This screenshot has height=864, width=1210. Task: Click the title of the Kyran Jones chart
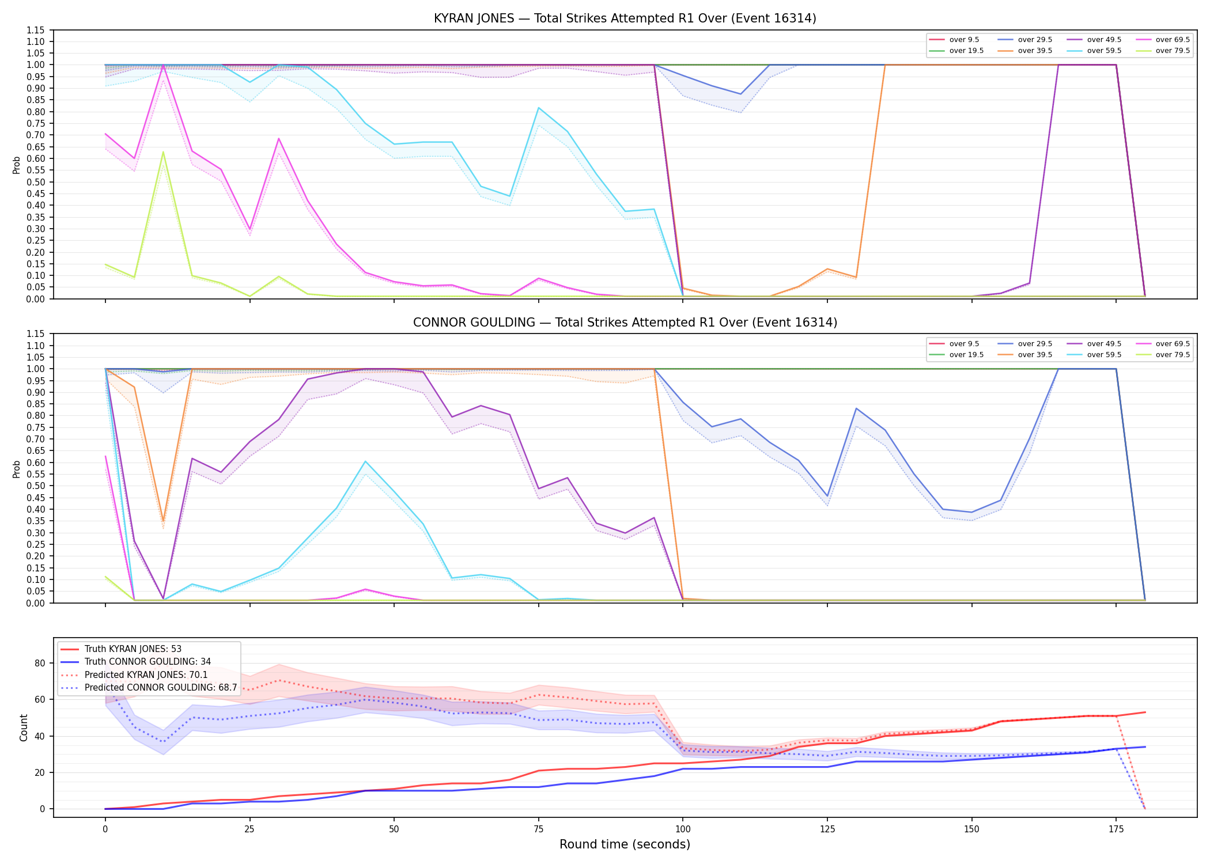click(625, 18)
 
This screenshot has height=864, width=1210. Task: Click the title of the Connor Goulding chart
click(625, 323)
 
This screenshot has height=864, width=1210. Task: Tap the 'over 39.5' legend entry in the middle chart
click(1025, 355)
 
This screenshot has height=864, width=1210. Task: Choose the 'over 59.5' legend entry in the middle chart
click(1094, 355)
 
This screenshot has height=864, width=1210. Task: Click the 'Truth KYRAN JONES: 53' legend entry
click(121, 649)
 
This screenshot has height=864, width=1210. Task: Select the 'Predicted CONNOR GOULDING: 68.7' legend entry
click(149, 688)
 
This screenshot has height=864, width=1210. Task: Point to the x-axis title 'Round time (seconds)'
click(625, 844)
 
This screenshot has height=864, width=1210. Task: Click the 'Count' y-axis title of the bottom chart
click(24, 727)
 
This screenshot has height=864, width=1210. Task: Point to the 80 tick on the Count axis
click(40, 663)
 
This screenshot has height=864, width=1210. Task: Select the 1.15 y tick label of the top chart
click(36, 30)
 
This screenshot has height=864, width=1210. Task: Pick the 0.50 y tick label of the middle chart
click(36, 486)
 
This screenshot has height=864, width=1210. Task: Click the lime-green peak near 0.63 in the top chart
click(163, 152)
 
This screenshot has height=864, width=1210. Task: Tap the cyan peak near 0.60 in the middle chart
click(365, 461)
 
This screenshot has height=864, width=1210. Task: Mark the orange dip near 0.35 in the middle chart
click(163, 521)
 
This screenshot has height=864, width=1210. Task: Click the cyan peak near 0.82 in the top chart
click(539, 108)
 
